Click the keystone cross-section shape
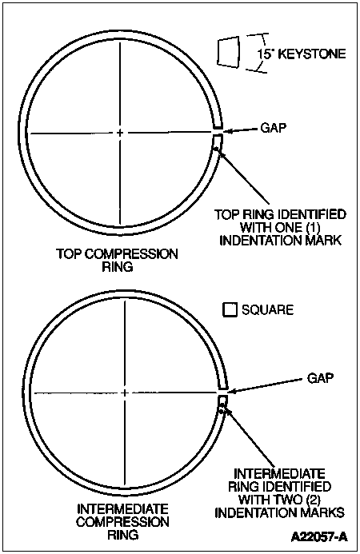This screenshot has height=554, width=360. tap(229, 51)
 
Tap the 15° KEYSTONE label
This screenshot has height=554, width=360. tap(302, 54)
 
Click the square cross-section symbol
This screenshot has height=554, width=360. tap(230, 309)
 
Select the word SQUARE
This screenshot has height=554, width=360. tap(268, 310)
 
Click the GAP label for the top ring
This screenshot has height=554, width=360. tap(274, 128)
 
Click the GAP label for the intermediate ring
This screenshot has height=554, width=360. tap(320, 378)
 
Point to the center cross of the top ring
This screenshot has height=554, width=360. tap(120, 133)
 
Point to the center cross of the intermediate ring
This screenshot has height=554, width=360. tap(125, 393)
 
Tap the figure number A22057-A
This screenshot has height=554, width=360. tap(319, 537)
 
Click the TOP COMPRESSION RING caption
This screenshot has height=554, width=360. tap(118, 260)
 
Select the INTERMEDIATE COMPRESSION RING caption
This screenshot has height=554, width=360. tap(122, 521)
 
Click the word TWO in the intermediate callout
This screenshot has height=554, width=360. tap(283, 499)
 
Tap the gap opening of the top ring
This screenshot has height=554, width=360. tap(218, 131)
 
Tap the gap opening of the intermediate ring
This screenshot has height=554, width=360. tap(222, 393)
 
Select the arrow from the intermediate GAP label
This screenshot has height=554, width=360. tap(266, 386)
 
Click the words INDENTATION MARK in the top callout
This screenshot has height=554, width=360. tap(281, 241)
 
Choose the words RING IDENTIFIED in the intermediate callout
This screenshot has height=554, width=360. tap(280, 486)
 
